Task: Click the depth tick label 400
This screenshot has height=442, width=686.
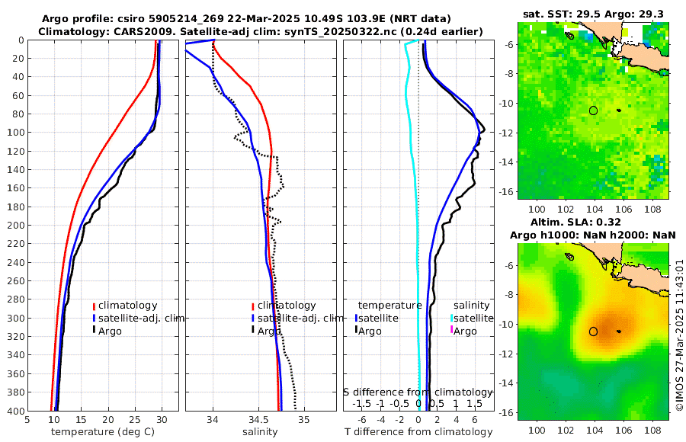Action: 14,411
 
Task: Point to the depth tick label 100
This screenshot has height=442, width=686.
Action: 14,133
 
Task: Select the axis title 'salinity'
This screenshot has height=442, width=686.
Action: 260,432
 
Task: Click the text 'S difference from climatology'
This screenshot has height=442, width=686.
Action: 418,392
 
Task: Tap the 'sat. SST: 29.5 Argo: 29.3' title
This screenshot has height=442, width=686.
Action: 595,14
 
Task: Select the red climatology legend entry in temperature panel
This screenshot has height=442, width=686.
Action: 126,306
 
